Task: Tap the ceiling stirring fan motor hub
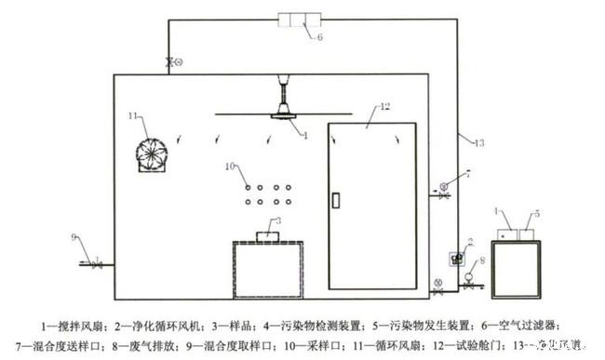[281, 114]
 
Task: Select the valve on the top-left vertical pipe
[169, 62]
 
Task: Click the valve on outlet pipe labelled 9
[96, 265]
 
